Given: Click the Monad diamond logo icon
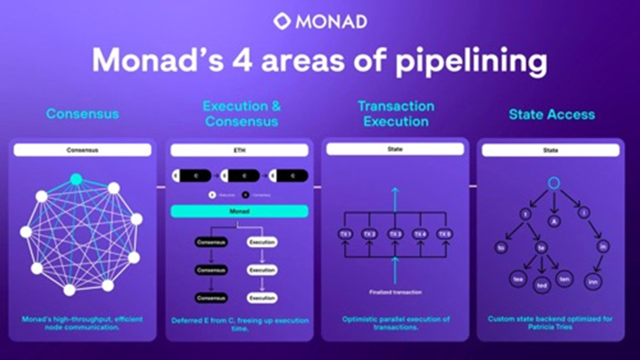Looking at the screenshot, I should (282, 21).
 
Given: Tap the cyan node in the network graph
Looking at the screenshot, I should (76, 179).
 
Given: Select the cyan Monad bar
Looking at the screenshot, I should (239, 211).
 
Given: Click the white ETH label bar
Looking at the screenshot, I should (239, 151).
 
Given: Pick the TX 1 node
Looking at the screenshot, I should (345, 235).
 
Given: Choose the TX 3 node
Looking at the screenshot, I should (396, 235).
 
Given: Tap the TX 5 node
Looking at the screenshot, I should (445, 235).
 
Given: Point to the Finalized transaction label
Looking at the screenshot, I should (396, 292).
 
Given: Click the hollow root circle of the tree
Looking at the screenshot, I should (553, 182).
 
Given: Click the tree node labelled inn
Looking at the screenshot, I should (592, 281).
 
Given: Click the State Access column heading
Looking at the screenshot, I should (551, 114).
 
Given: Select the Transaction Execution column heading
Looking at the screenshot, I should (396, 114).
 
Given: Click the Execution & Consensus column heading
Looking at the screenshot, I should (241, 114).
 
